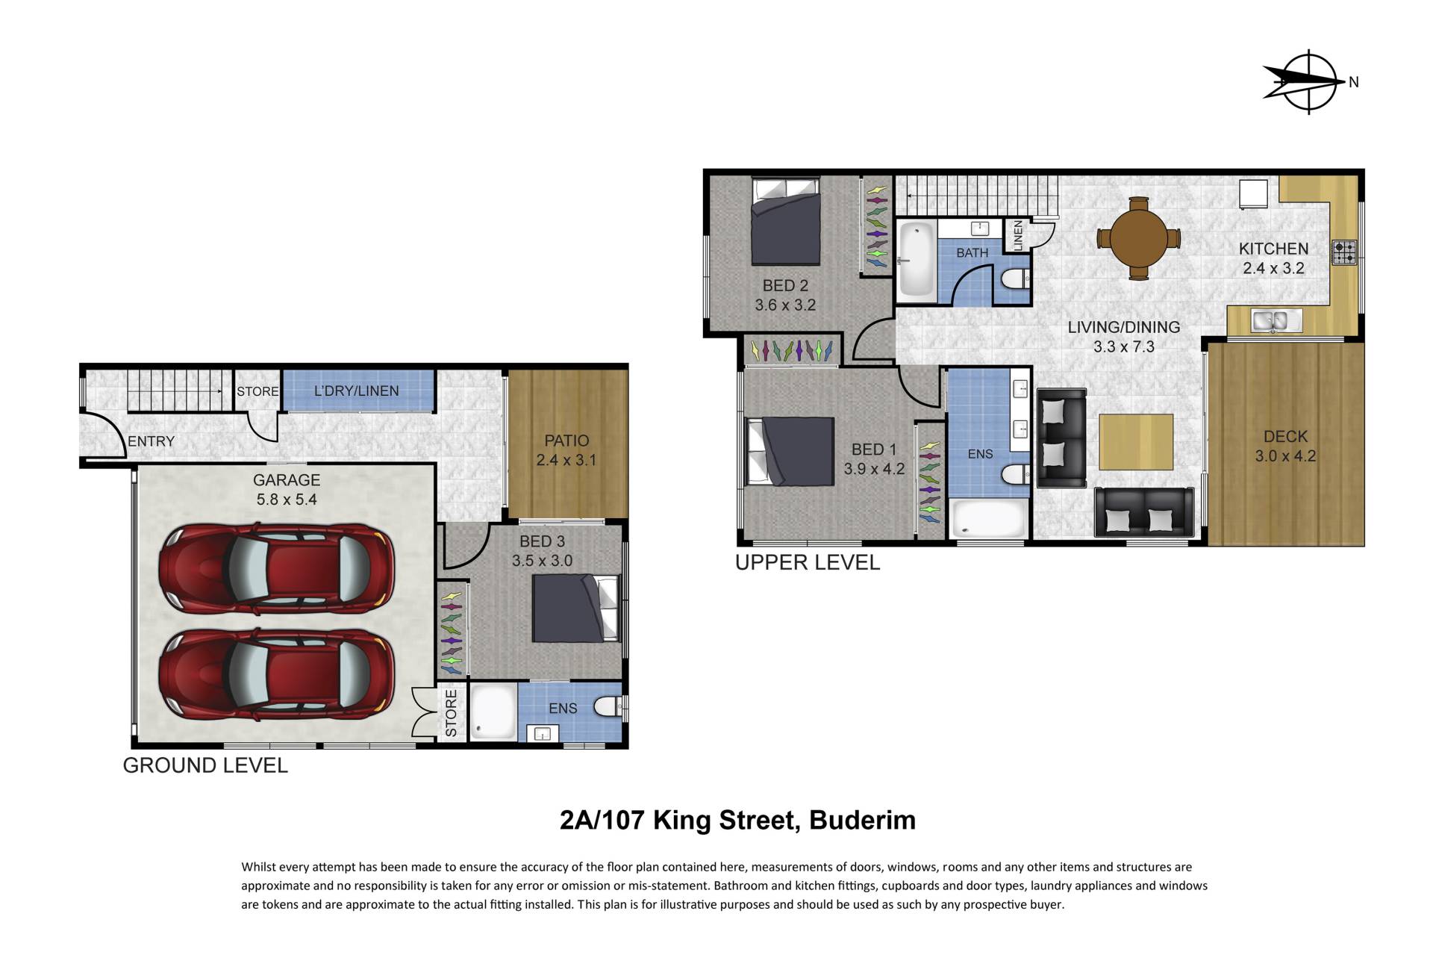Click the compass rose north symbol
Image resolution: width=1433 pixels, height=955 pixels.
[1309, 82]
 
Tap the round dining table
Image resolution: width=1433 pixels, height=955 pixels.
[1139, 238]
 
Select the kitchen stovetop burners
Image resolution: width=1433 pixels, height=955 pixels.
[1344, 253]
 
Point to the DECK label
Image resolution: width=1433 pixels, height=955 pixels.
[1285, 436]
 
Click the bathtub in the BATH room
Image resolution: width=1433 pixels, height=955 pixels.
[916, 261]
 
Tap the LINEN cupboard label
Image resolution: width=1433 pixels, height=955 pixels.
[1017, 236]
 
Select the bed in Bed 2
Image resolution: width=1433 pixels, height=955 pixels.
[786, 222]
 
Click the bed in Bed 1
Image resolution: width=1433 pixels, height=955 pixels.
[790, 452]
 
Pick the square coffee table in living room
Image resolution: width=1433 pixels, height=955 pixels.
[1136, 442]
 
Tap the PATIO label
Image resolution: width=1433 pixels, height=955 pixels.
[566, 441]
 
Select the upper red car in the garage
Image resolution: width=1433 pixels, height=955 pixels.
[277, 568]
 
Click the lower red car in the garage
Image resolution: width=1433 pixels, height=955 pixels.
[277, 674]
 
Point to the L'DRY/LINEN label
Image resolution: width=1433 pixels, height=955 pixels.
[356, 391]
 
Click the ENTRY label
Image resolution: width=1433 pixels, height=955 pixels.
[151, 441]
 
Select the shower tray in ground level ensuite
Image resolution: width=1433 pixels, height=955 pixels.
[493, 712]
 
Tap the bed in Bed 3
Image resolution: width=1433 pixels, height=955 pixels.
[575, 609]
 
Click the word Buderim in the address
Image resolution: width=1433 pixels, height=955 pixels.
[862, 820]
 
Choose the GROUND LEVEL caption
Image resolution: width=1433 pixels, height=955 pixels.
[205, 765]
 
